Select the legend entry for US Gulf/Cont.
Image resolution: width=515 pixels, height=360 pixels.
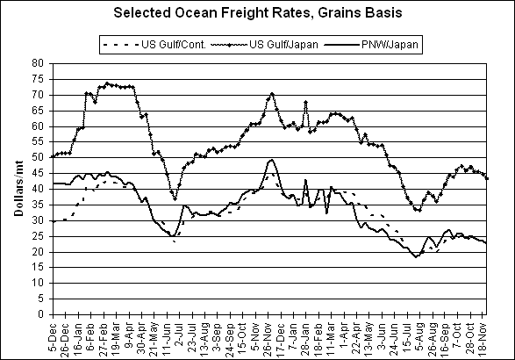tap(154, 45)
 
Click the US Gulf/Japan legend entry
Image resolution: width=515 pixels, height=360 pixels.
tap(264, 45)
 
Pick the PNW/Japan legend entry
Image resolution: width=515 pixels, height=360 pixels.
tap(371, 45)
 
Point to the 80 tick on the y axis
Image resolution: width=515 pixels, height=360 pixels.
tap(38, 63)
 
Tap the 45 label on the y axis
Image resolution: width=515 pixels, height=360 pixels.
tap(38, 173)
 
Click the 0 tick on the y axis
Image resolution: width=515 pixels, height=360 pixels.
tap(40, 314)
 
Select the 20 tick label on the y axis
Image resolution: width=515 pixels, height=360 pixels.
tap(38, 252)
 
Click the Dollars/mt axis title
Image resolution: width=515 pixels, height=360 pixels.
tap(18, 189)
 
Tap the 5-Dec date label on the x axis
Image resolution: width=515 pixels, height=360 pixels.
tap(54, 337)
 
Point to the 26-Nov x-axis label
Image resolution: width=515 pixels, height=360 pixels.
tap(268, 339)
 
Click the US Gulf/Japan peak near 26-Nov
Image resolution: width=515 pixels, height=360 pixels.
tap(272, 94)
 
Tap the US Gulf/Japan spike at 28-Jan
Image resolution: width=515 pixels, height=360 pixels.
tap(306, 102)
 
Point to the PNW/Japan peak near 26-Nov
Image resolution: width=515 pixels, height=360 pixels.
tap(271, 160)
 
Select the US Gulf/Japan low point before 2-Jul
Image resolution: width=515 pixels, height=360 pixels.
tap(175, 199)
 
